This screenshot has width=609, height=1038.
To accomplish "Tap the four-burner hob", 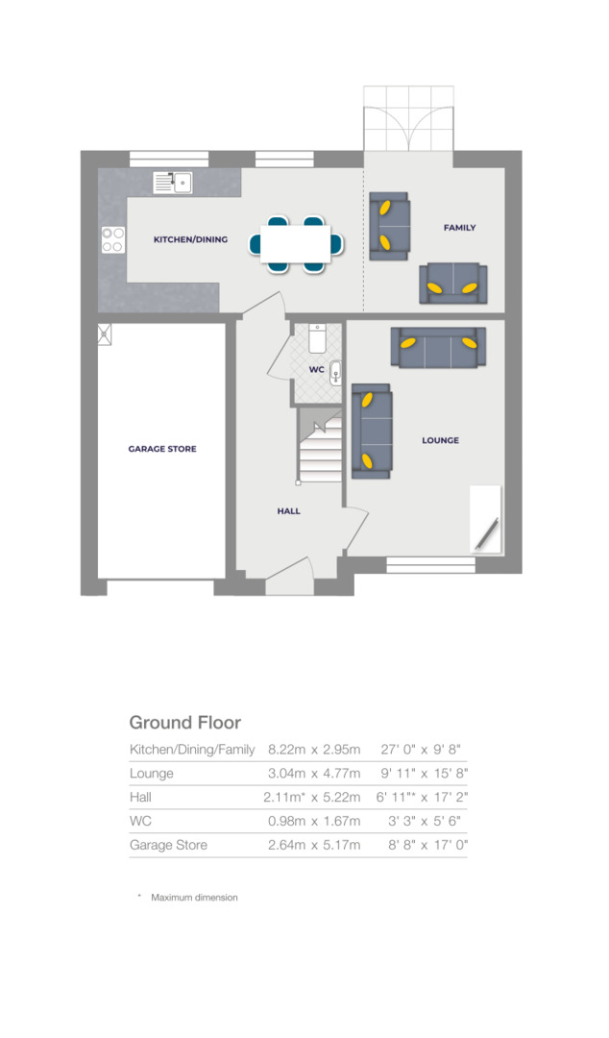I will click(112, 239).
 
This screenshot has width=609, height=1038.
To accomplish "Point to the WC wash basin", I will click(334, 371).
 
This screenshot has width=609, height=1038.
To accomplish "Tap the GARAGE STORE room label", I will click(162, 449).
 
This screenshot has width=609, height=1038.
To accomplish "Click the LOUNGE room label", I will click(440, 440).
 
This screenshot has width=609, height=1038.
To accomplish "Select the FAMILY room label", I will click(459, 228).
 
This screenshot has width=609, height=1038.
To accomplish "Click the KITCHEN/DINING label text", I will click(190, 239).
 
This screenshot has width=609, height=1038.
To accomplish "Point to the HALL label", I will click(288, 511).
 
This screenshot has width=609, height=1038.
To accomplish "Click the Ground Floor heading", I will click(184, 723).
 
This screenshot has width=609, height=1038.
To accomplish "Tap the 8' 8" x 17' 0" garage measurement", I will click(423, 846).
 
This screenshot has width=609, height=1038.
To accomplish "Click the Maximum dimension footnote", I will click(193, 898).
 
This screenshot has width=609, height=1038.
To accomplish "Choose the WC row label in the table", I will click(140, 822).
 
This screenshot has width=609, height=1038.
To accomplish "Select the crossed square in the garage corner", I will click(105, 334).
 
